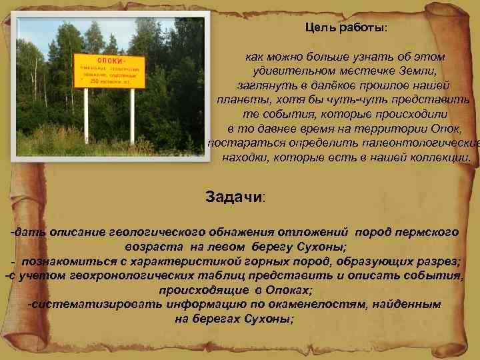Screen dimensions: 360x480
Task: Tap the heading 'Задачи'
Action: tap(234, 198)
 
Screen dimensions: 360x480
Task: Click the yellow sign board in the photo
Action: tap(110, 71)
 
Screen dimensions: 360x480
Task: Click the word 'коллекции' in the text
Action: tap(443, 158)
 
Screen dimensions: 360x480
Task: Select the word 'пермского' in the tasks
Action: tap(426, 231)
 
